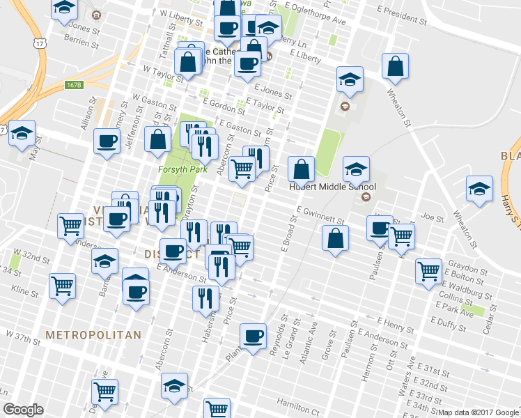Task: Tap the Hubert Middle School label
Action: click(332, 187)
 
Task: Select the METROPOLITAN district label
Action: click(93, 335)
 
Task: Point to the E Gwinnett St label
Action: click(320, 210)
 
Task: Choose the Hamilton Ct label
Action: click(297, 403)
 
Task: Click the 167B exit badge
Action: click(74, 85)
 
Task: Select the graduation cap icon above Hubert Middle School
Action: click(355, 169)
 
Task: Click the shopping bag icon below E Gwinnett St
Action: click(336, 238)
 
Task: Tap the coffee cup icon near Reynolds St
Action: click(253, 336)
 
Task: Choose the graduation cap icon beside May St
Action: click(22, 132)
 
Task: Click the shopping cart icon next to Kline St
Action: click(63, 285)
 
